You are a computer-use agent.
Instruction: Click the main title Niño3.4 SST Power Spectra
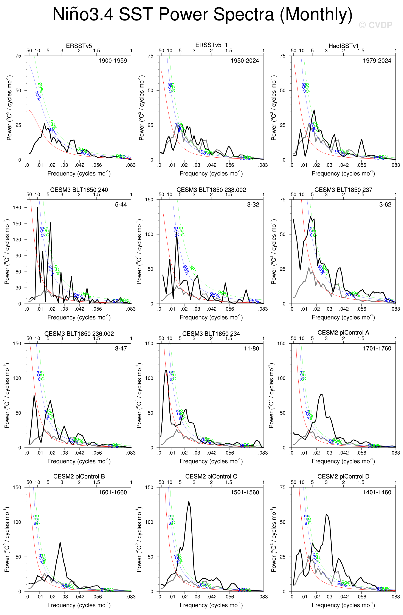202,14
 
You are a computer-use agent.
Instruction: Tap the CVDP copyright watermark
375,25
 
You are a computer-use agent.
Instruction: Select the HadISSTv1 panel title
343,46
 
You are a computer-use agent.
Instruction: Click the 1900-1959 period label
113,61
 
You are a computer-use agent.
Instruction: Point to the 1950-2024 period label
245,61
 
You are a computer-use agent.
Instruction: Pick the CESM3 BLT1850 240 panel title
79,190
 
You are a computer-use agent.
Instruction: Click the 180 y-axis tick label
17,208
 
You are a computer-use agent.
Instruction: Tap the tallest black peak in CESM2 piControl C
189,502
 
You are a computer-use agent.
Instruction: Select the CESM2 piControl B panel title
79,476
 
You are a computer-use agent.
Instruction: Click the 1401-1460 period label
377,492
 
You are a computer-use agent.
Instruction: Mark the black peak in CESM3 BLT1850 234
166,370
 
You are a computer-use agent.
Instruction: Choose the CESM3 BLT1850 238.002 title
211,190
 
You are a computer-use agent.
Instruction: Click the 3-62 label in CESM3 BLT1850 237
385,205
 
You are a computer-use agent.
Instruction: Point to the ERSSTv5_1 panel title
211,45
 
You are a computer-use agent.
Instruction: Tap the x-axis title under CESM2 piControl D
343,605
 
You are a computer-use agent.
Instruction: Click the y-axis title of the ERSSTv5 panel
9,108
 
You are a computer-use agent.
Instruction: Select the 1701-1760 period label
377,348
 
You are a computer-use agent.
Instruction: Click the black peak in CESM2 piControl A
321,394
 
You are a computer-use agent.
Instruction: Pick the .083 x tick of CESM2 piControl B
131,597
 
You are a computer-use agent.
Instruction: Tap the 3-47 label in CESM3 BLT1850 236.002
121,348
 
